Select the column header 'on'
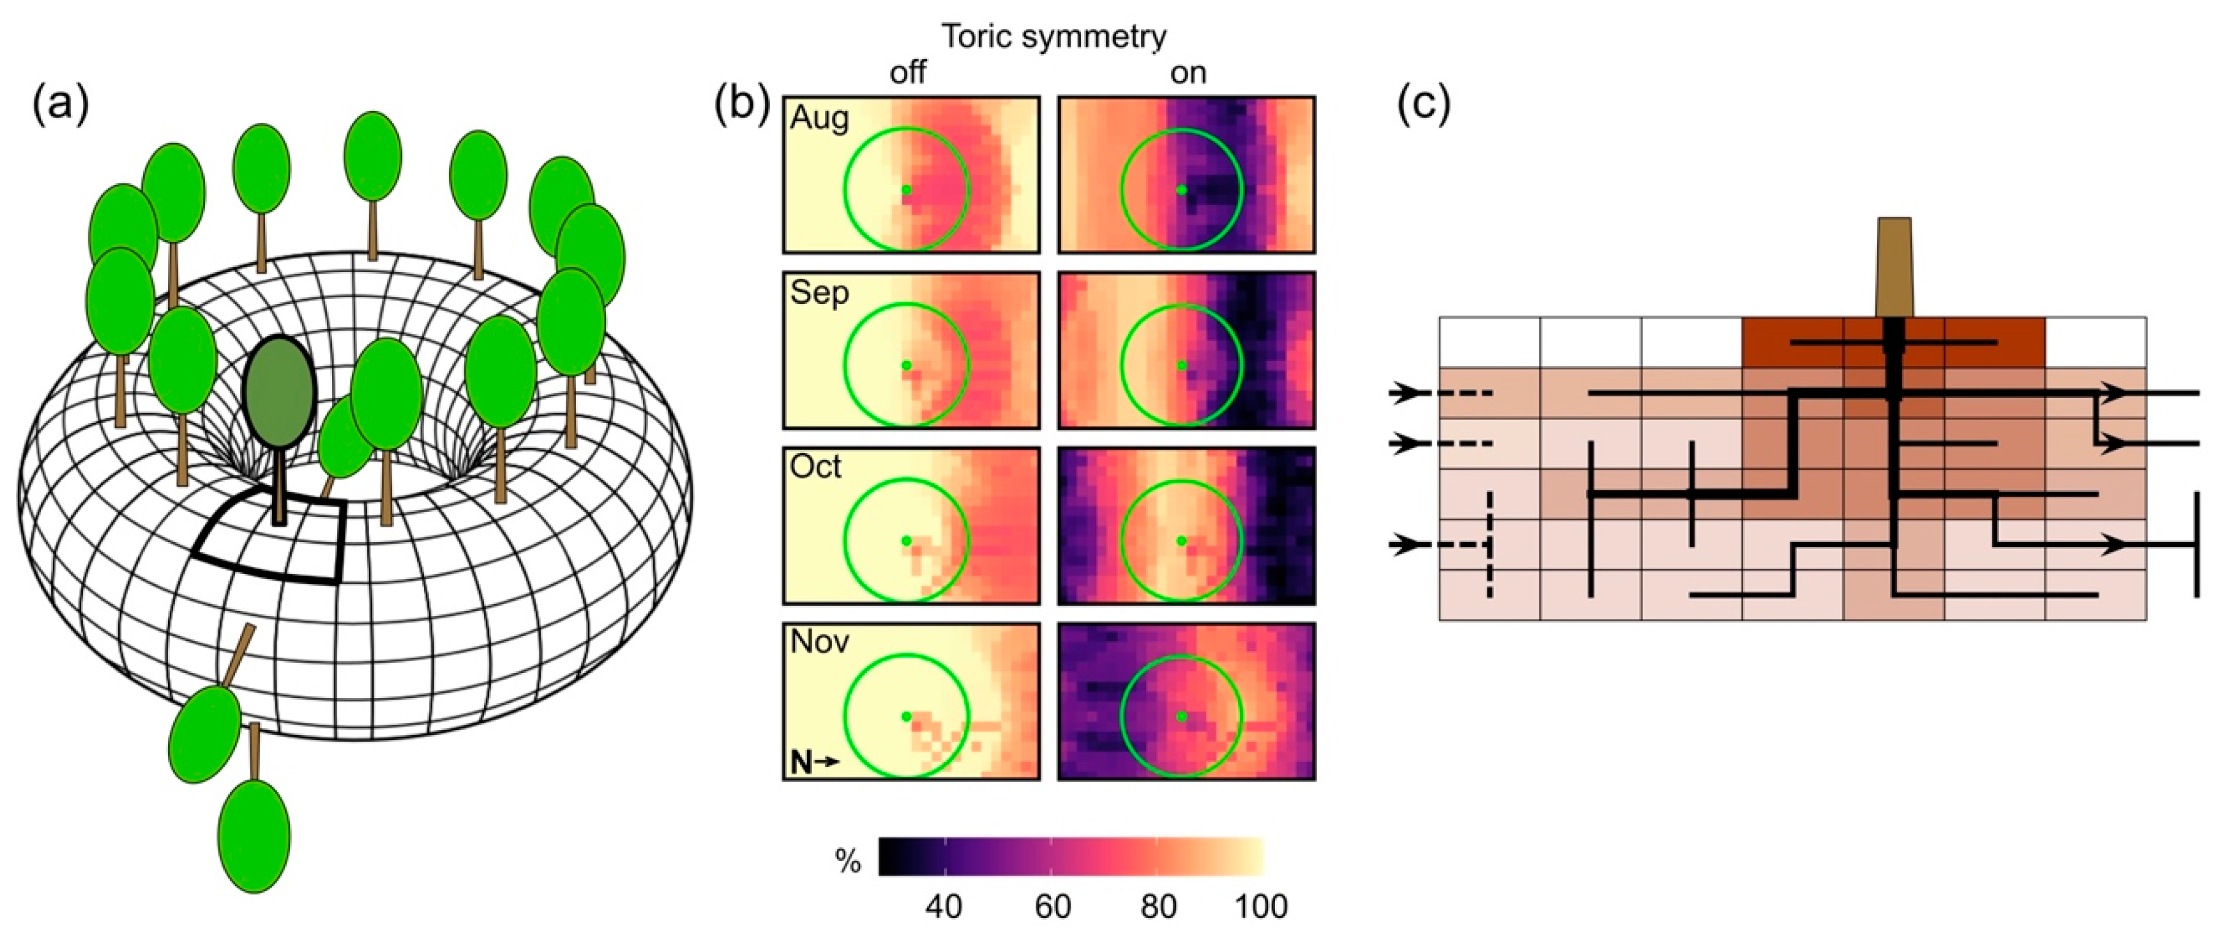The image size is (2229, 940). click(x=1188, y=72)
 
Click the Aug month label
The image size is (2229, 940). click(x=820, y=118)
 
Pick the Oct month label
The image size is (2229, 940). click(x=816, y=467)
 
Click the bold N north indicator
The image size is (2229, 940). click(x=802, y=762)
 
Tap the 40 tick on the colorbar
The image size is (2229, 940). click(x=943, y=906)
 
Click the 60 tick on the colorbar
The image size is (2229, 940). click(x=1052, y=906)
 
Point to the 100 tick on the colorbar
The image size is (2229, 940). click(x=1261, y=906)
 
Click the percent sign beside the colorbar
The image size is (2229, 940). click(x=848, y=861)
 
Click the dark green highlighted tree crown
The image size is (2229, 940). click(x=279, y=392)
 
